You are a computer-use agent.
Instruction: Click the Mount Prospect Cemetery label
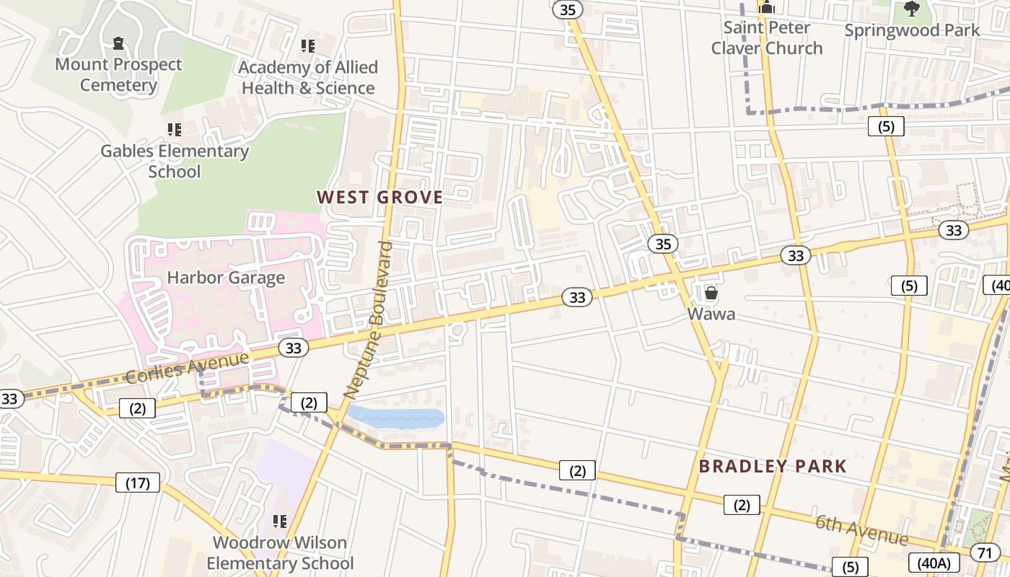click(x=119, y=74)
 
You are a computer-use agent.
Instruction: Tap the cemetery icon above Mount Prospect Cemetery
click(x=119, y=44)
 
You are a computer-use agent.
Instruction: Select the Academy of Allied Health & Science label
click(x=308, y=77)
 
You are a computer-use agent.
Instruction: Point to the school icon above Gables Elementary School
click(x=174, y=130)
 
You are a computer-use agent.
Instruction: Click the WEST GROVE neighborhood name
click(x=379, y=197)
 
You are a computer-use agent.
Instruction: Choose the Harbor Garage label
click(x=226, y=278)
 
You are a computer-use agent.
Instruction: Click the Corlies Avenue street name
click(x=188, y=366)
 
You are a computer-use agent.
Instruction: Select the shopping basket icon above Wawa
click(x=711, y=293)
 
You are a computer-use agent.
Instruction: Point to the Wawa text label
click(x=711, y=314)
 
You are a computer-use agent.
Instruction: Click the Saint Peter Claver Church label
click(x=767, y=38)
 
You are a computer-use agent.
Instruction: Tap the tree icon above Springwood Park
click(x=912, y=9)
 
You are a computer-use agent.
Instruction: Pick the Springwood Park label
click(x=912, y=30)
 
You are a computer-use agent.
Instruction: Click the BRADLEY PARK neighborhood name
click(x=773, y=466)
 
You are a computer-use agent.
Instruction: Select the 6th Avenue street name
click(x=861, y=530)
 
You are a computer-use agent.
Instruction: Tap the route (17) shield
click(x=138, y=483)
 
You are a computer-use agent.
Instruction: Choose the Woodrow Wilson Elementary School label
click(x=280, y=552)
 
